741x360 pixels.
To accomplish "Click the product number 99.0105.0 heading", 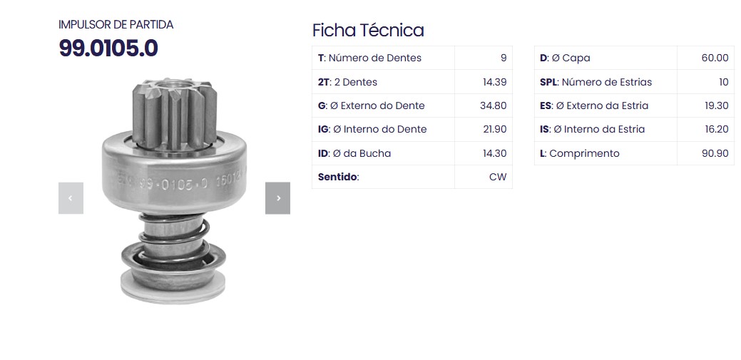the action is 108,48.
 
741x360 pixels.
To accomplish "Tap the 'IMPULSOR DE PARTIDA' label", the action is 116,24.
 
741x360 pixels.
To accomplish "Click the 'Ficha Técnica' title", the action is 368,30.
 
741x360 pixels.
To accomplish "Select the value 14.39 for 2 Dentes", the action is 494,82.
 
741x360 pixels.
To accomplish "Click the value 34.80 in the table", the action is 493,106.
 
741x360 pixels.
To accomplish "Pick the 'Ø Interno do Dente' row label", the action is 372,129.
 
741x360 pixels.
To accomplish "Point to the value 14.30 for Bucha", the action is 494,153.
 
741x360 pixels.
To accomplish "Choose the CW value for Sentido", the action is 498,177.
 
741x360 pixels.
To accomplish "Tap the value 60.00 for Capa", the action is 715,58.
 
